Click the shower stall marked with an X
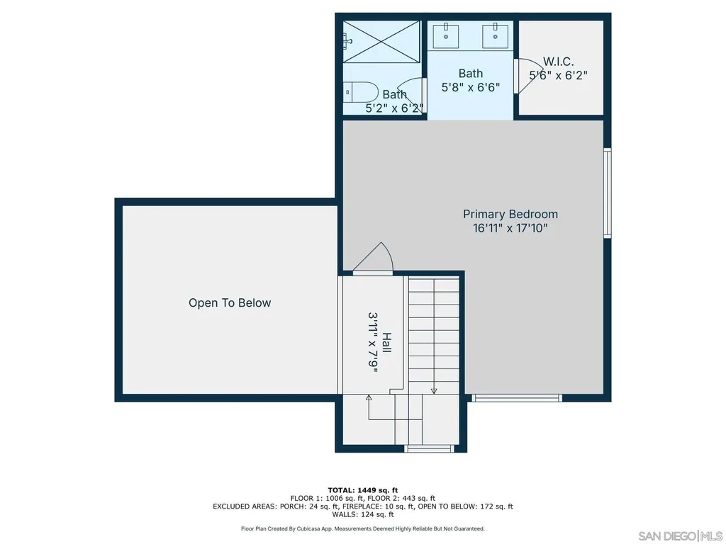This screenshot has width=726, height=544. (381, 42)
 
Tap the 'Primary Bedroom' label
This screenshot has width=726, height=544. (510, 214)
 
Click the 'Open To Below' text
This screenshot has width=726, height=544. (230, 303)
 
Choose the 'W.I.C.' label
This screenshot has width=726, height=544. (559, 62)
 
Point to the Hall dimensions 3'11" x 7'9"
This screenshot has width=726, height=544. (373, 342)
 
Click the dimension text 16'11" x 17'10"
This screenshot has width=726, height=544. (510, 228)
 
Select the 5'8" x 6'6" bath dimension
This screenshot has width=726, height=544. (471, 87)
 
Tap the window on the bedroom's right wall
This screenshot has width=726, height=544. (608, 193)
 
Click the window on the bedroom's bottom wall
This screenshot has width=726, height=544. (517, 398)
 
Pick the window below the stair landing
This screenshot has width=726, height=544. (429, 448)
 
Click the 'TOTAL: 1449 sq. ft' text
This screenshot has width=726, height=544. (363, 490)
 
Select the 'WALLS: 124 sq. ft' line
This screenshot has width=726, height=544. (363, 514)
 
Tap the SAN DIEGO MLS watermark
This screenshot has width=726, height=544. (680, 536)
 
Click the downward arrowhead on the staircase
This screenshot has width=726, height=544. (434, 391)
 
